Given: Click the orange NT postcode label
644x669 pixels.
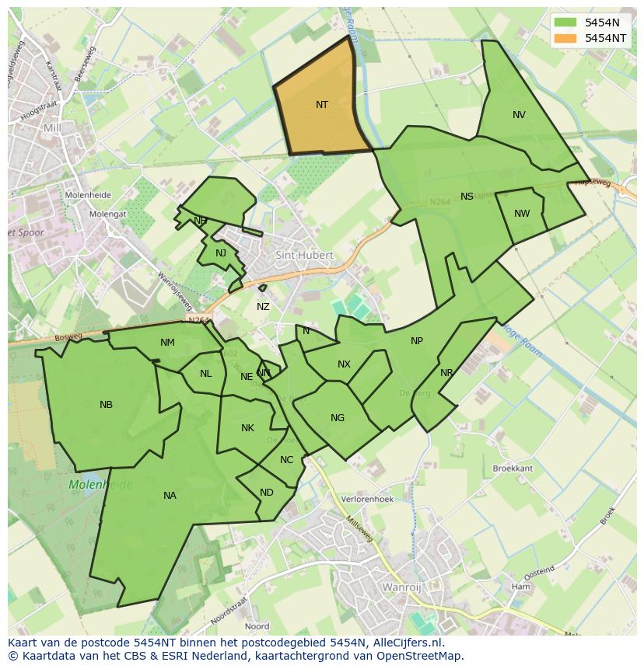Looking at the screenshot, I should click(x=322, y=105).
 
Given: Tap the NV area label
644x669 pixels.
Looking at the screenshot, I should click(x=519, y=115).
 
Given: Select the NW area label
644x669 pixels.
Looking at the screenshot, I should click(x=522, y=214).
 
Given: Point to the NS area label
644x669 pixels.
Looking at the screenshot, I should click(x=467, y=197).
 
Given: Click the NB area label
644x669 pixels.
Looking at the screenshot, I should click(x=106, y=405).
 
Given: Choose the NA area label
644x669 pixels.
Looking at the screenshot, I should click(x=170, y=496).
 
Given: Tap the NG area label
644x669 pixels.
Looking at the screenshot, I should click(x=337, y=418).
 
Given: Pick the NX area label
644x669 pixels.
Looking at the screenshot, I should click(x=344, y=364).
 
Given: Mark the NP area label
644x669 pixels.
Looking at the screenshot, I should click(x=417, y=341).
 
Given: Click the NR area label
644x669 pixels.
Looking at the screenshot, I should click(x=446, y=373).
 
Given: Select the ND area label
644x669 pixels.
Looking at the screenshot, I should click(x=267, y=493).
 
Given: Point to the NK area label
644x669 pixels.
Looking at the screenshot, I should click(x=247, y=428).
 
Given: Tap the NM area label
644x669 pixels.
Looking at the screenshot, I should click(x=167, y=343).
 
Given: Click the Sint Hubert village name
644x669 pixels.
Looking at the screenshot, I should click(x=305, y=255).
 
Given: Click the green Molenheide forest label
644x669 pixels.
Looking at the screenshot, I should click(x=100, y=485).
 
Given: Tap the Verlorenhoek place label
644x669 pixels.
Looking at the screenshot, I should click(x=368, y=500).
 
